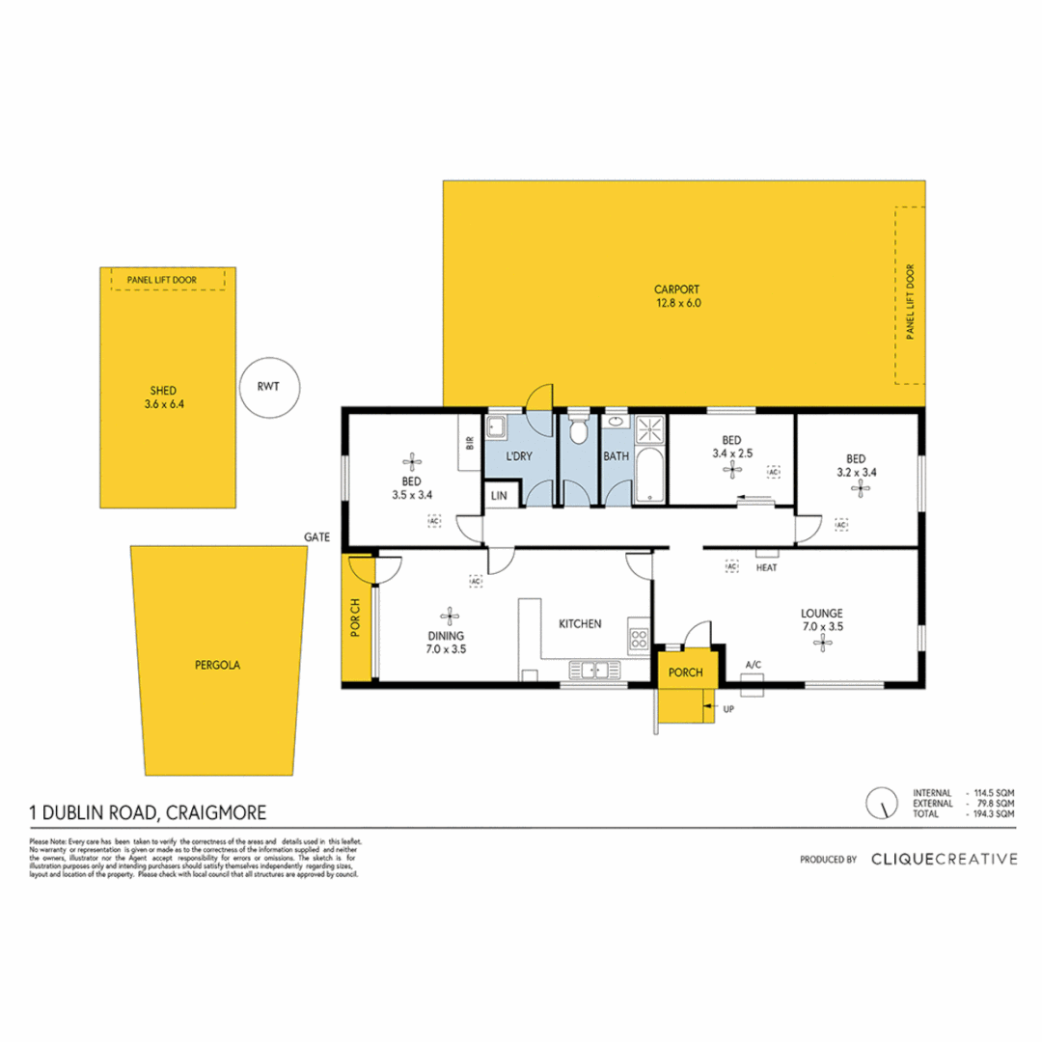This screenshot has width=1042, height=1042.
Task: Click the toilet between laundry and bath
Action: click(x=579, y=430)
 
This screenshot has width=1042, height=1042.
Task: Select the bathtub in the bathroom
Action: click(x=649, y=476)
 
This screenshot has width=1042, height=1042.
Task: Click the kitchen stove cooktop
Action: click(x=638, y=637)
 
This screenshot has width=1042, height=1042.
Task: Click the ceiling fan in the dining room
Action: click(x=448, y=613)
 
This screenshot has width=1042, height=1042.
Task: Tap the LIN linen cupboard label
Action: click(x=499, y=495)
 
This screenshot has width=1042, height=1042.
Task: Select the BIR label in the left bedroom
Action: click(x=470, y=443)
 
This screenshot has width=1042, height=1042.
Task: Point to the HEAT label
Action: click(x=767, y=568)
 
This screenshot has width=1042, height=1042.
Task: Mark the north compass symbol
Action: click(x=880, y=802)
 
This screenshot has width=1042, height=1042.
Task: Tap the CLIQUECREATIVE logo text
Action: click(x=944, y=858)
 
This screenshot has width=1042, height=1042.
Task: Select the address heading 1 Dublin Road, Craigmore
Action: click(x=150, y=813)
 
